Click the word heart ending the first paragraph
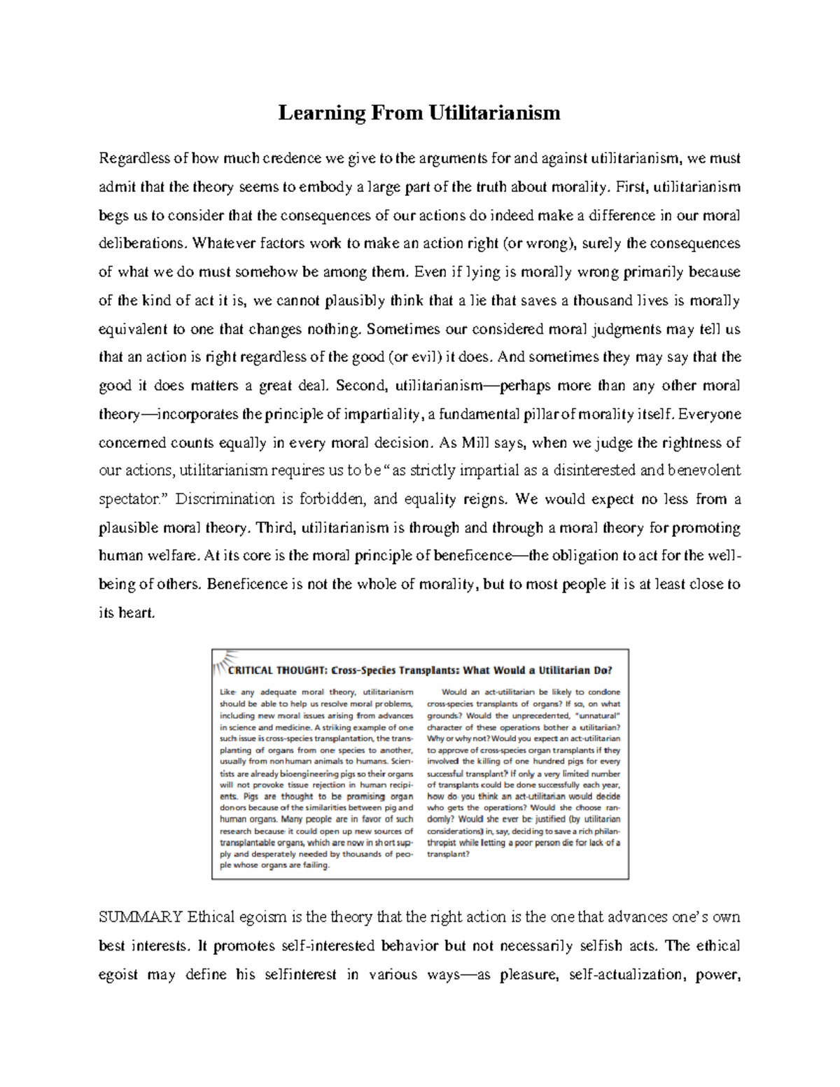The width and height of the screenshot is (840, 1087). tap(136, 612)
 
